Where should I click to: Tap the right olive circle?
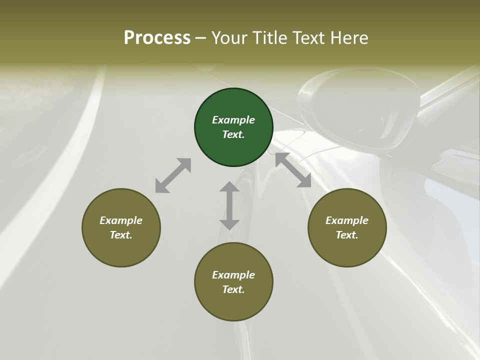click(x=347, y=247)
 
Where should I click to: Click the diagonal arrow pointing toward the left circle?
click(x=173, y=175)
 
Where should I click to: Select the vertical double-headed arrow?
click(x=229, y=205)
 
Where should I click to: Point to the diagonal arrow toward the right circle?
click(x=293, y=170)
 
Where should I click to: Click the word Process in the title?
click(x=157, y=37)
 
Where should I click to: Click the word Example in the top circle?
click(x=233, y=120)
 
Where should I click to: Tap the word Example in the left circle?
click(x=121, y=220)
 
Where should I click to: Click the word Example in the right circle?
click(x=347, y=220)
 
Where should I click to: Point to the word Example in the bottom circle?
click(x=233, y=275)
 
